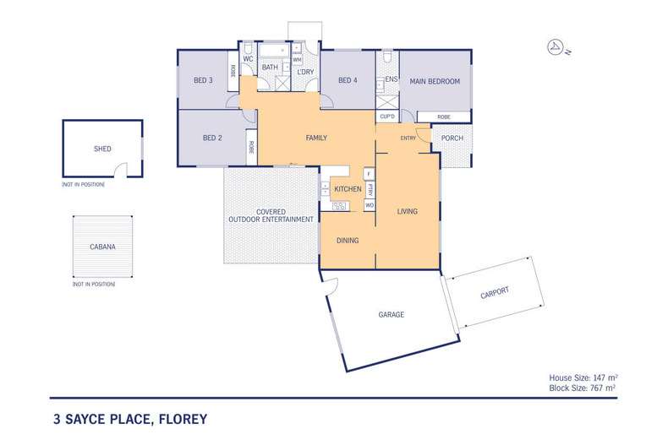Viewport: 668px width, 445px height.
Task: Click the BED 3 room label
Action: (x=203, y=81)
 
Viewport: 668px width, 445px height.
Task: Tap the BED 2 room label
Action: (x=211, y=138)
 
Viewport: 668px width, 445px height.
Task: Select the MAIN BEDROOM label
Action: (x=435, y=81)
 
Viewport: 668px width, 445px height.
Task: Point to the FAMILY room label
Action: (x=315, y=138)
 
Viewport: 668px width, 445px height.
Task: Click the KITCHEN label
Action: (x=348, y=189)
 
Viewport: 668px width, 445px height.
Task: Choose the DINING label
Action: (x=348, y=241)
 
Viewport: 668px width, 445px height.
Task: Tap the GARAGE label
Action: (x=391, y=315)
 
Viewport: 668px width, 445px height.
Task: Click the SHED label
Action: (x=102, y=149)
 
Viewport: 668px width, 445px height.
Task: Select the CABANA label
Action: (x=102, y=247)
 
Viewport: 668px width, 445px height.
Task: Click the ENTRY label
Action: (x=408, y=138)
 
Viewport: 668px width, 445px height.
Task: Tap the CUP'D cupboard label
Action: (x=388, y=117)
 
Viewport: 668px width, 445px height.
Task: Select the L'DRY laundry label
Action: (x=305, y=73)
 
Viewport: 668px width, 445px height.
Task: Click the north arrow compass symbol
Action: (x=556, y=46)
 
